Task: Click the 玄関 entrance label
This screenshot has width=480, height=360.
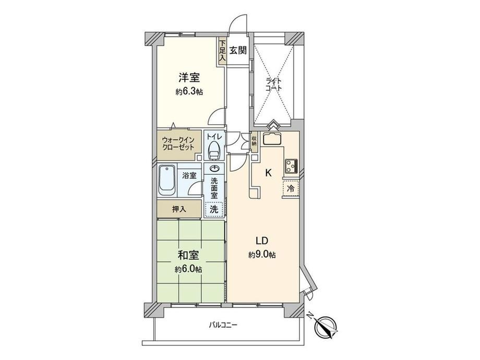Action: pos(238,50)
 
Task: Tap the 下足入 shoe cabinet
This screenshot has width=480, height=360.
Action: pos(222,51)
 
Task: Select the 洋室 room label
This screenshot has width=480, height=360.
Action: pos(189,78)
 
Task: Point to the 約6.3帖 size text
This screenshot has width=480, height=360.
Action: pos(189,91)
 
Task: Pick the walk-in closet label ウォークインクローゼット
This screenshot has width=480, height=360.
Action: pos(178,143)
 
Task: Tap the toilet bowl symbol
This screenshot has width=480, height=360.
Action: pos(214,151)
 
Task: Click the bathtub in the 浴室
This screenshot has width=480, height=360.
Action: pos(167,181)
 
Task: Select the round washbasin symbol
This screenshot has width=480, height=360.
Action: pos(214,169)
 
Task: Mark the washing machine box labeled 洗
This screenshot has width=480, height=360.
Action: pos(214,209)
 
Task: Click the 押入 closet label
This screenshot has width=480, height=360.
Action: pos(179,209)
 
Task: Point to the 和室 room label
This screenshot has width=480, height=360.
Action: pos(188,255)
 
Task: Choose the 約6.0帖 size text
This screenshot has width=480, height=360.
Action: pos(188,269)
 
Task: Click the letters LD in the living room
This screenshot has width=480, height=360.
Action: pos(262,241)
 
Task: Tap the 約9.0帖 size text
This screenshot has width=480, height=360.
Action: pos(262,255)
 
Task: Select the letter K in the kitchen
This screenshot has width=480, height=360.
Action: pos(268,173)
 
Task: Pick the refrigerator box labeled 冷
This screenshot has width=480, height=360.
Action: pos(291,188)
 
